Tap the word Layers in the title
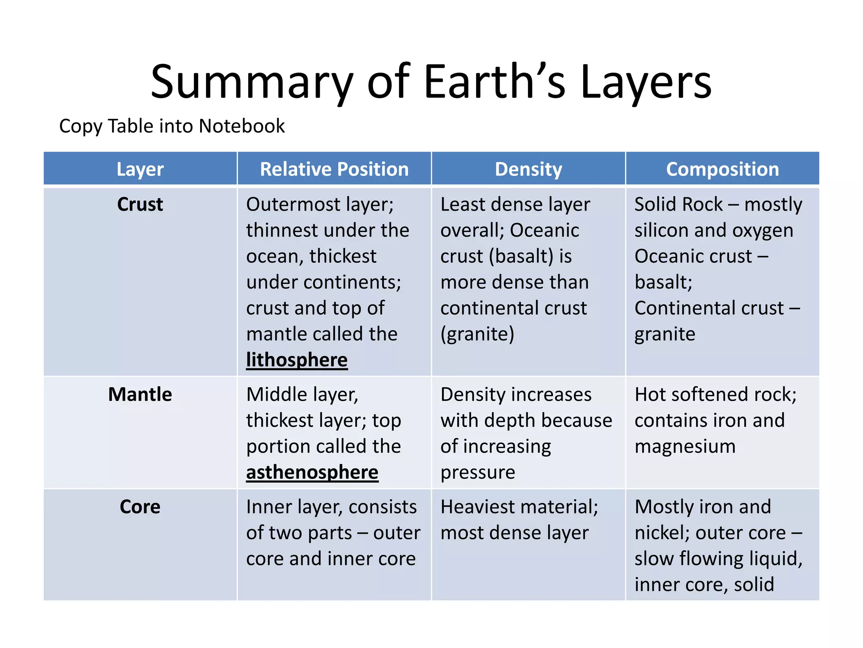tap(646, 82)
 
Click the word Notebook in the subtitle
tap(241, 126)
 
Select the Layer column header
tap(140, 169)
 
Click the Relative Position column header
tap(334, 169)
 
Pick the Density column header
tap(528, 169)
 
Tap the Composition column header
tap(722, 169)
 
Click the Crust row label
tap(140, 205)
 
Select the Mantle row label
tap(140, 395)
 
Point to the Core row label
tap(140, 507)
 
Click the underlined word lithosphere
tap(297, 360)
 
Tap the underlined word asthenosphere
tap(312, 472)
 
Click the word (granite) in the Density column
tap(477, 334)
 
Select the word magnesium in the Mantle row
tap(685, 446)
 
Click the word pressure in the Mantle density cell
tap(477, 472)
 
